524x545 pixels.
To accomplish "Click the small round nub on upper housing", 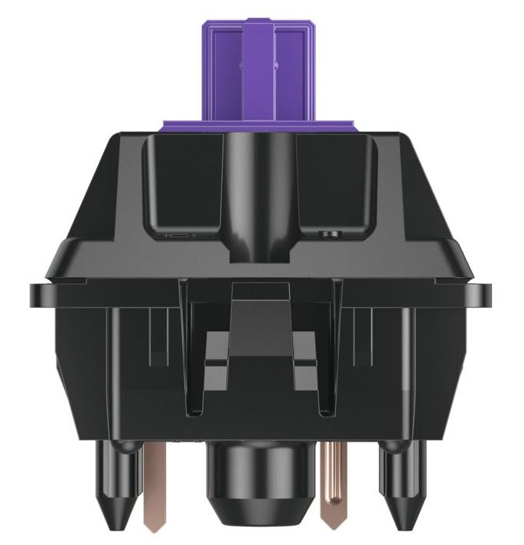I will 331,231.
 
